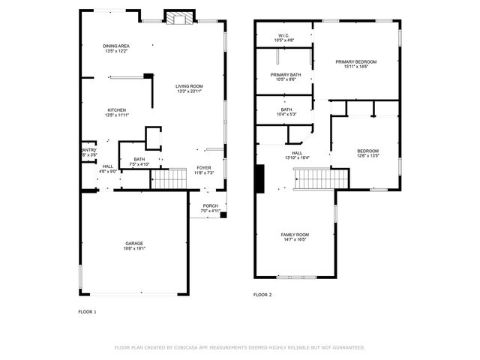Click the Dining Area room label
[x=115, y=46]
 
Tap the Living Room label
[x=189, y=86]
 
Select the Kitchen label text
[x=115, y=110]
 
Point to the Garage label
[x=134, y=243]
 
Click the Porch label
[x=210, y=206]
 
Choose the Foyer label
[x=204, y=167]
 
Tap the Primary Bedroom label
[x=355, y=61]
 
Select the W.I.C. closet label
[x=283, y=35]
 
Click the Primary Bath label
[x=286, y=74]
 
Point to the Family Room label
[x=295, y=235]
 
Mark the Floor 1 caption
[x=87, y=311]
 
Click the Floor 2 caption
[x=262, y=295]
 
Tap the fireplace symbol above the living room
[x=179, y=19]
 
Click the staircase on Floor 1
[x=168, y=180]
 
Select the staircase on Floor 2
[x=321, y=180]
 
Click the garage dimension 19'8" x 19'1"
[x=134, y=247]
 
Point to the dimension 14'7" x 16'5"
[x=295, y=239]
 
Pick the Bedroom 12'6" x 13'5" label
[x=367, y=153]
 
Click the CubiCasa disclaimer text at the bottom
[x=239, y=347]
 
